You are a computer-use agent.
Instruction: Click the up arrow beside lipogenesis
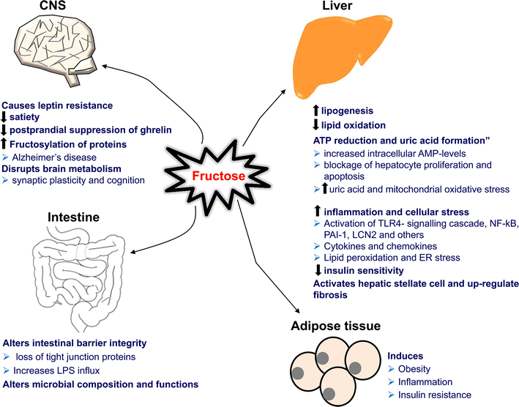[x=315, y=111]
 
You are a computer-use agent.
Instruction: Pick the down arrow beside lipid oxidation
[x=315, y=124]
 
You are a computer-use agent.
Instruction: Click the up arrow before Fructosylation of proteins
[x=5, y=143]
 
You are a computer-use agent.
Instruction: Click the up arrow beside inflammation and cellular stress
[x=315, y=211]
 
